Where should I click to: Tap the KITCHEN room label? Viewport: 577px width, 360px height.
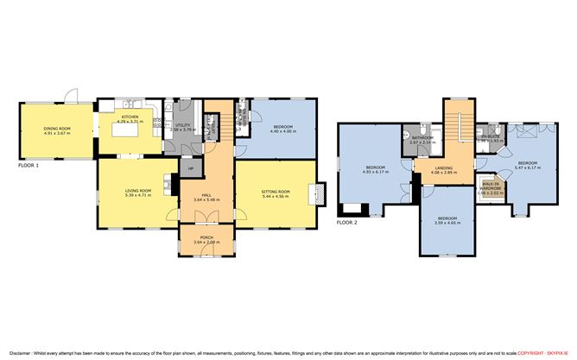(x=130, y=116)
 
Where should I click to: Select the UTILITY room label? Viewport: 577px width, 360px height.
(x=182, y=126)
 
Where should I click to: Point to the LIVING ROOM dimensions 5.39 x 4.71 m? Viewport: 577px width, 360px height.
(x=138, y=195)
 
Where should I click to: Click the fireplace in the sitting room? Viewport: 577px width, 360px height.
(x=321, y=193)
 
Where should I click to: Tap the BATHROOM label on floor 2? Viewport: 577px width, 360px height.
(x=422, y=138)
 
